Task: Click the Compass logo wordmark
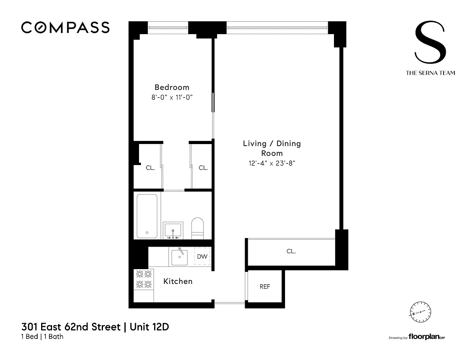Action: tap(65, 28)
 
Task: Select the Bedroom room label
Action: tap(172, 87)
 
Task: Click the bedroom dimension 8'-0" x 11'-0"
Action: tap(172, 97)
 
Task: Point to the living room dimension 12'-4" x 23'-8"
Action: tap(272, 163)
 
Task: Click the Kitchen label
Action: tap(178, 281)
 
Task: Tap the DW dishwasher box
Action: tap(202, 256)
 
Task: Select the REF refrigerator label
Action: tap(264, 287)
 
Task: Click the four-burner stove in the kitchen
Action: tap(144, 279)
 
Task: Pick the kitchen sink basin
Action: tap(179, 257)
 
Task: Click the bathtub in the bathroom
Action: tap(147, 216)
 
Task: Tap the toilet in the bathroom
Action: tap(197, 228)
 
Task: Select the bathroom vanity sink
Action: tap(173, 230)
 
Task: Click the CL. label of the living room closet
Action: tap(291, 251)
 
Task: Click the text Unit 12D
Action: tap(149, 327)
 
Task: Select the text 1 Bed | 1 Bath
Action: tap(42, 337)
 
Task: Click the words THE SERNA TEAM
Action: tap(430, 73)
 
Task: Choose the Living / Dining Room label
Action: tap(272, 148)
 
